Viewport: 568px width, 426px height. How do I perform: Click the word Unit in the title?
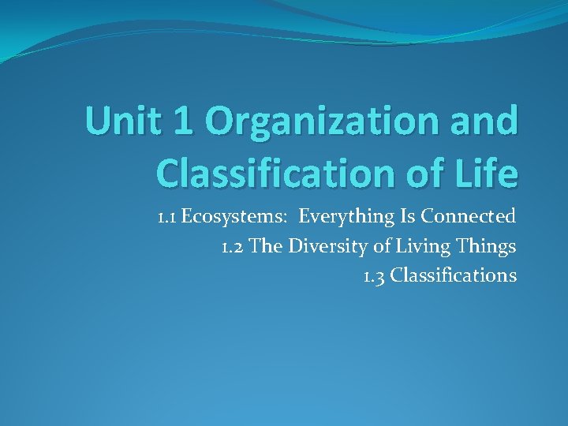[x=117, y=121]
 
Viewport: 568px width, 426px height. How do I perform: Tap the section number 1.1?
[x=166, y=216]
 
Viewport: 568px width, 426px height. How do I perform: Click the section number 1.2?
[x=234, y=246]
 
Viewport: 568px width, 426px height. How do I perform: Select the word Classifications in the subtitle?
[x=454, y=276]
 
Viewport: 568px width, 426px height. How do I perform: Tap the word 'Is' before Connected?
[x=407, y=216]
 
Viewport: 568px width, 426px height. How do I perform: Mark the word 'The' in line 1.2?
[x=267, y=246]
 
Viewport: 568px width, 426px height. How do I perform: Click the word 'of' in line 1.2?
[x=382, y=246]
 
